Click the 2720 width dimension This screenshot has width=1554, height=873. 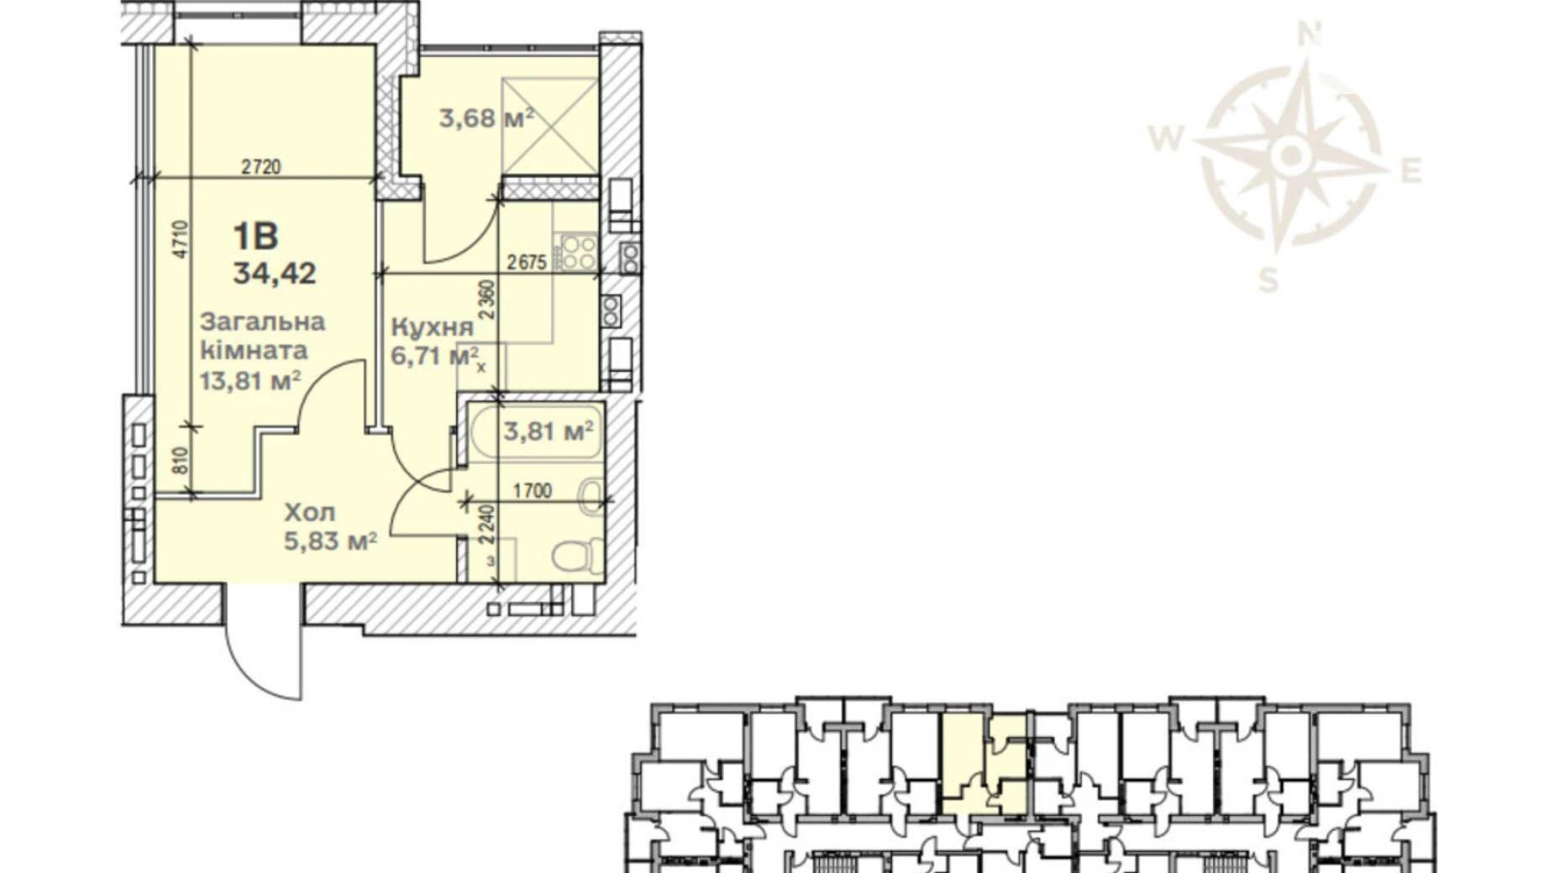click(x=260, y=167)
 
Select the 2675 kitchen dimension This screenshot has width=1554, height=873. click(x=527, y=262)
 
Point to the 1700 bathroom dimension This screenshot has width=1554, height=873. click(x=532, y=490)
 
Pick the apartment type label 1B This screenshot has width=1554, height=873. click(x=255, y=238)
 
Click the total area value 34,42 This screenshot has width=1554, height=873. click(x=275, y=273)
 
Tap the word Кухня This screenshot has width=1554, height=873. click(x=433, y=327)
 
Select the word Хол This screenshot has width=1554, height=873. click(x=310, y=512)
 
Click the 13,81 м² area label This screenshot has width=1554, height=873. click(x=249, y=381)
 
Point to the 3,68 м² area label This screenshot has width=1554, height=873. click(x=486, y=118)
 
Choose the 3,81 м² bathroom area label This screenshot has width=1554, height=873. click(x=549, y=431)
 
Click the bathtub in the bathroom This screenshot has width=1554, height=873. click(x=535, y=432)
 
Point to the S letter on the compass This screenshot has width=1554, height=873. click(x=1269, y=280)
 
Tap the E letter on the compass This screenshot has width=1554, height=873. click(x=1411, y=171)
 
